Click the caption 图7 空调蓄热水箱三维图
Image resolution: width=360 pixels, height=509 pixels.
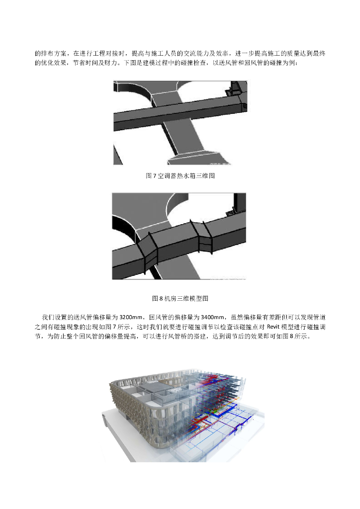180,176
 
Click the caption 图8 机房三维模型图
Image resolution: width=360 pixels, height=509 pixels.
180,299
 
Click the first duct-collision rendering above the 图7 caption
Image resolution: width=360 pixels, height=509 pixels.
180,123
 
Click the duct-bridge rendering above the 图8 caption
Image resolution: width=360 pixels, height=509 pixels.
179,236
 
